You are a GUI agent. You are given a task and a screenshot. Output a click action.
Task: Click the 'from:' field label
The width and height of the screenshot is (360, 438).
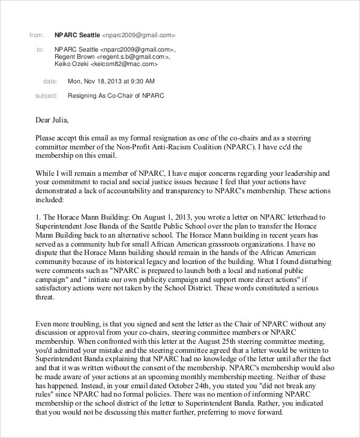tap(37, 35)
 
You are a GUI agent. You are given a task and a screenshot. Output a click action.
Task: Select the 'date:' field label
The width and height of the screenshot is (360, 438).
tap(50, 81)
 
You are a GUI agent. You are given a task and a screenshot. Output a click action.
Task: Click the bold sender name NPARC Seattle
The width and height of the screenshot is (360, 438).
tap(77, 35)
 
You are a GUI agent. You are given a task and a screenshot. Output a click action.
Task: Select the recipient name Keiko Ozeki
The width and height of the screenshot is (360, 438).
tap(71, 64)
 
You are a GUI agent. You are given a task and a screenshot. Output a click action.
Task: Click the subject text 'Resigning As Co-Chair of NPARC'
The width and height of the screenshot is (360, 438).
tap(116, 95)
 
